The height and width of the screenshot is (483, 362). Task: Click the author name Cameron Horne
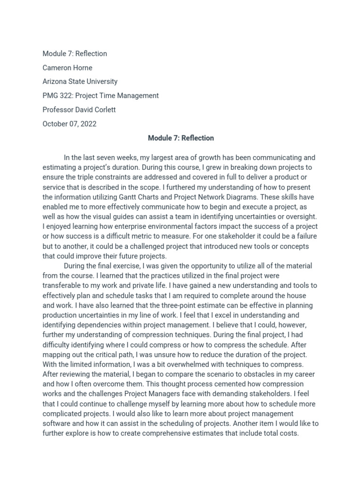[x=67, y=67]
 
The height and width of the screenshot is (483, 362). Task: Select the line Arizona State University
[x=80, y=82]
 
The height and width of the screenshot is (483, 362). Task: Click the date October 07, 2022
[x=69, y=124]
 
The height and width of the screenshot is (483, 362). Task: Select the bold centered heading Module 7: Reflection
[x=181, y=138]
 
